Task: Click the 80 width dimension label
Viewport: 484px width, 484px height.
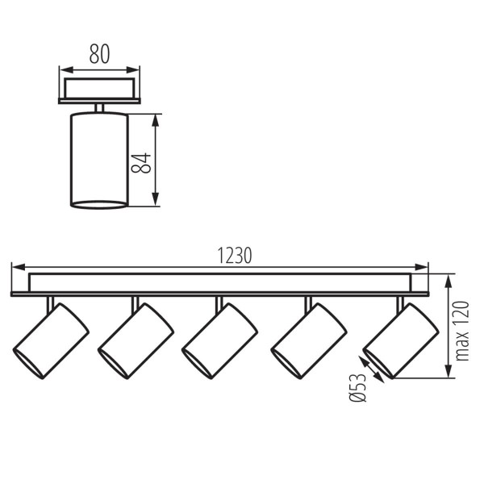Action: coord(99,55)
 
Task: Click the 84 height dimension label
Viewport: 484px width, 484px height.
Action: coord(142,161)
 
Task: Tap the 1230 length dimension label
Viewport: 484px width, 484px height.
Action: coord(235,255)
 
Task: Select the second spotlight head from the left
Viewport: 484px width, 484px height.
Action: coord(136,340)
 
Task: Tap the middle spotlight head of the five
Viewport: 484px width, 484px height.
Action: coord(219,340)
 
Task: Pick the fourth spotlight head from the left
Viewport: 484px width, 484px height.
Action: coord(309,340)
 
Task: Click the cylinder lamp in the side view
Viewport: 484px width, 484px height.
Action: coord(99,161)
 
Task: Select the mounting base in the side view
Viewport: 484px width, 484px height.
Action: coord(99,90)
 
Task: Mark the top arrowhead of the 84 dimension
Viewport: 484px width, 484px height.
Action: coord(157,119)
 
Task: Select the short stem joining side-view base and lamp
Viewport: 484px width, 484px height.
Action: coord(99,108)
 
